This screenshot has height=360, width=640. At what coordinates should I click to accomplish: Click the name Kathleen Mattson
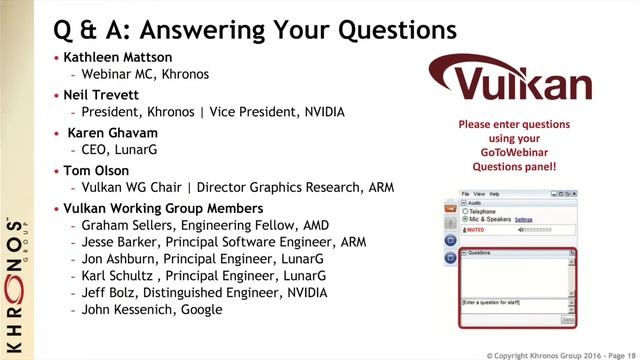[x=118, y=57]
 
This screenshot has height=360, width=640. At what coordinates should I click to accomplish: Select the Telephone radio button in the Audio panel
[x=465, y=212]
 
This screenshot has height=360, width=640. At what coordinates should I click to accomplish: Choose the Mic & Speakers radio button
[x=465, y=219]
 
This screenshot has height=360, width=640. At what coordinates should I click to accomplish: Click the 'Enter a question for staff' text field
[x=512, y=303]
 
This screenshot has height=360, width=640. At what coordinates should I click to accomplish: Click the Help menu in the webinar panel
[x=494, y=193]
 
